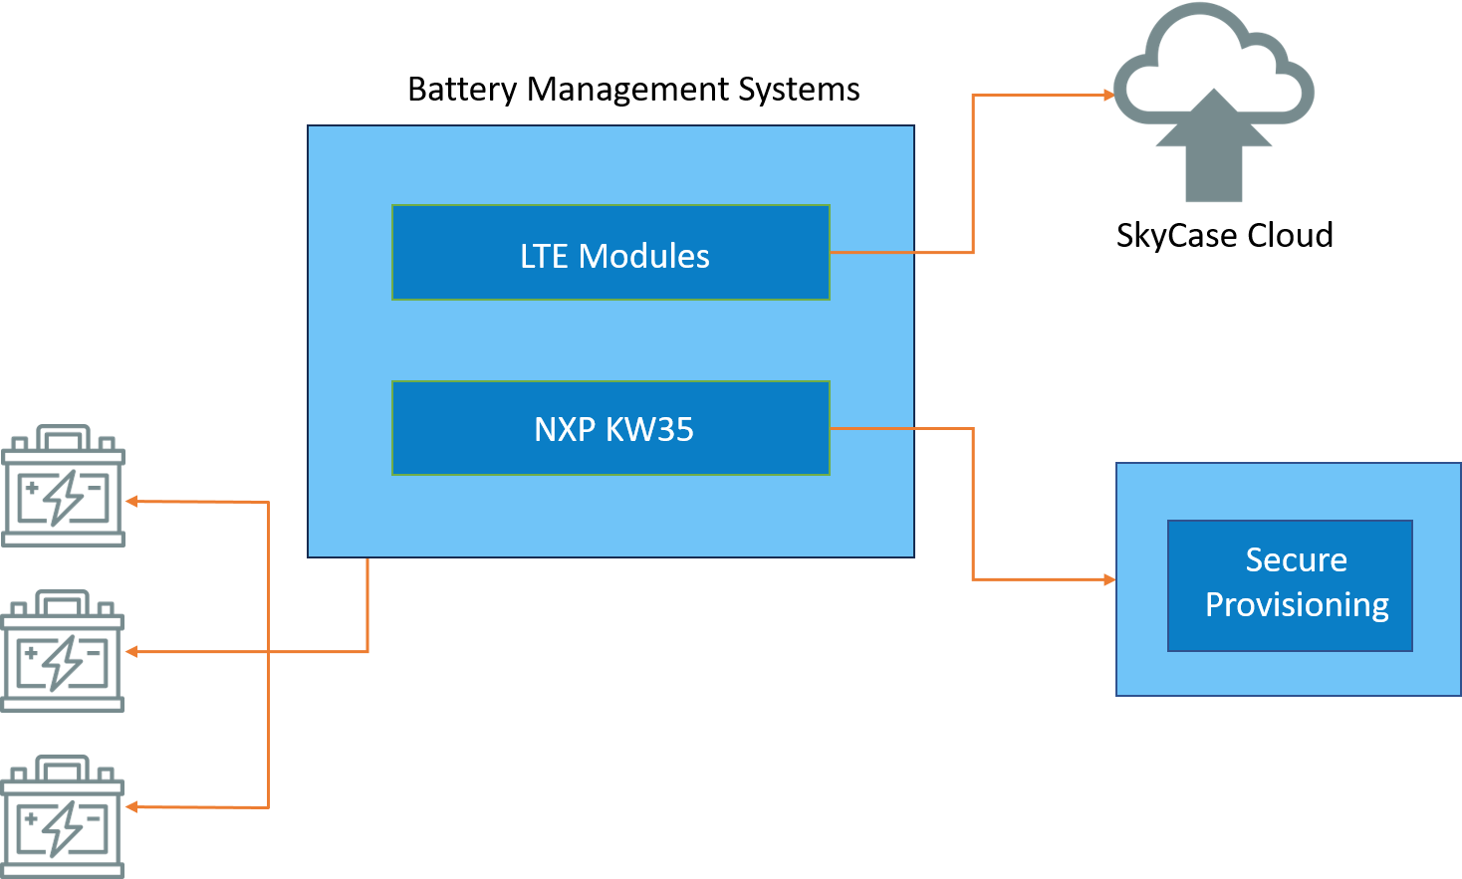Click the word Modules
644,256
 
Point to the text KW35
649,429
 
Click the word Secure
1296,559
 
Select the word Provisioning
1297,604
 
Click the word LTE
544,256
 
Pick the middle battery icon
64,651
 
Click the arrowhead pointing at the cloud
1108,96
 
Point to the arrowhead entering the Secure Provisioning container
1109,578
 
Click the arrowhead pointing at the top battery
131,502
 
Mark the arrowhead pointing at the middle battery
131,652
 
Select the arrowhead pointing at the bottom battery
131,807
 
